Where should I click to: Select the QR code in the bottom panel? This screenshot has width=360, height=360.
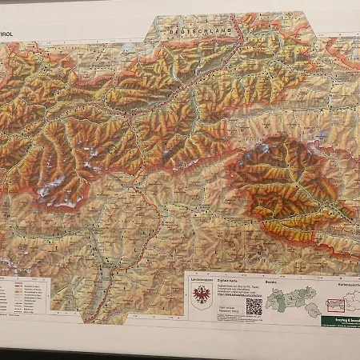pyautogui.click(x=254, y=306)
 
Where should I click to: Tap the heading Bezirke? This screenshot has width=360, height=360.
pyautogui.click(x=271, y=282)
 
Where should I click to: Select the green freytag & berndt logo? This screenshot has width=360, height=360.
pyautogui.click(x=341, y=321)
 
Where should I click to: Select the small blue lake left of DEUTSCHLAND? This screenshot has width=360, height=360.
pyautogui.click(x=128, y=48)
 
